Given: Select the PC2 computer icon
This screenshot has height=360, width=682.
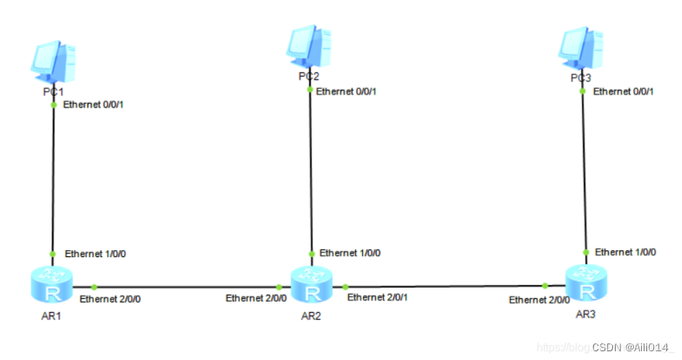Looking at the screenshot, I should point(310,46).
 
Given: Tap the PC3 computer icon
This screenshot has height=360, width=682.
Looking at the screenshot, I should point(581,49).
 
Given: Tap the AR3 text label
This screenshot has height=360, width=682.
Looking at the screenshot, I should point(586,312).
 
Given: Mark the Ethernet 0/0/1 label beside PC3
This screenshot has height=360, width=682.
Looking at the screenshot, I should point(624,91).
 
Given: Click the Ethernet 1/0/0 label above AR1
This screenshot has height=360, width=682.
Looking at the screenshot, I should point(98,254).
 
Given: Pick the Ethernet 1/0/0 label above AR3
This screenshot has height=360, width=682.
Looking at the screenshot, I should point(626,252).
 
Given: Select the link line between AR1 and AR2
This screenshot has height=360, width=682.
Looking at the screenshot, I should point(183,286).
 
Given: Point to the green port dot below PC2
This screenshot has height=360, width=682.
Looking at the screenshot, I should point(310,89).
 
